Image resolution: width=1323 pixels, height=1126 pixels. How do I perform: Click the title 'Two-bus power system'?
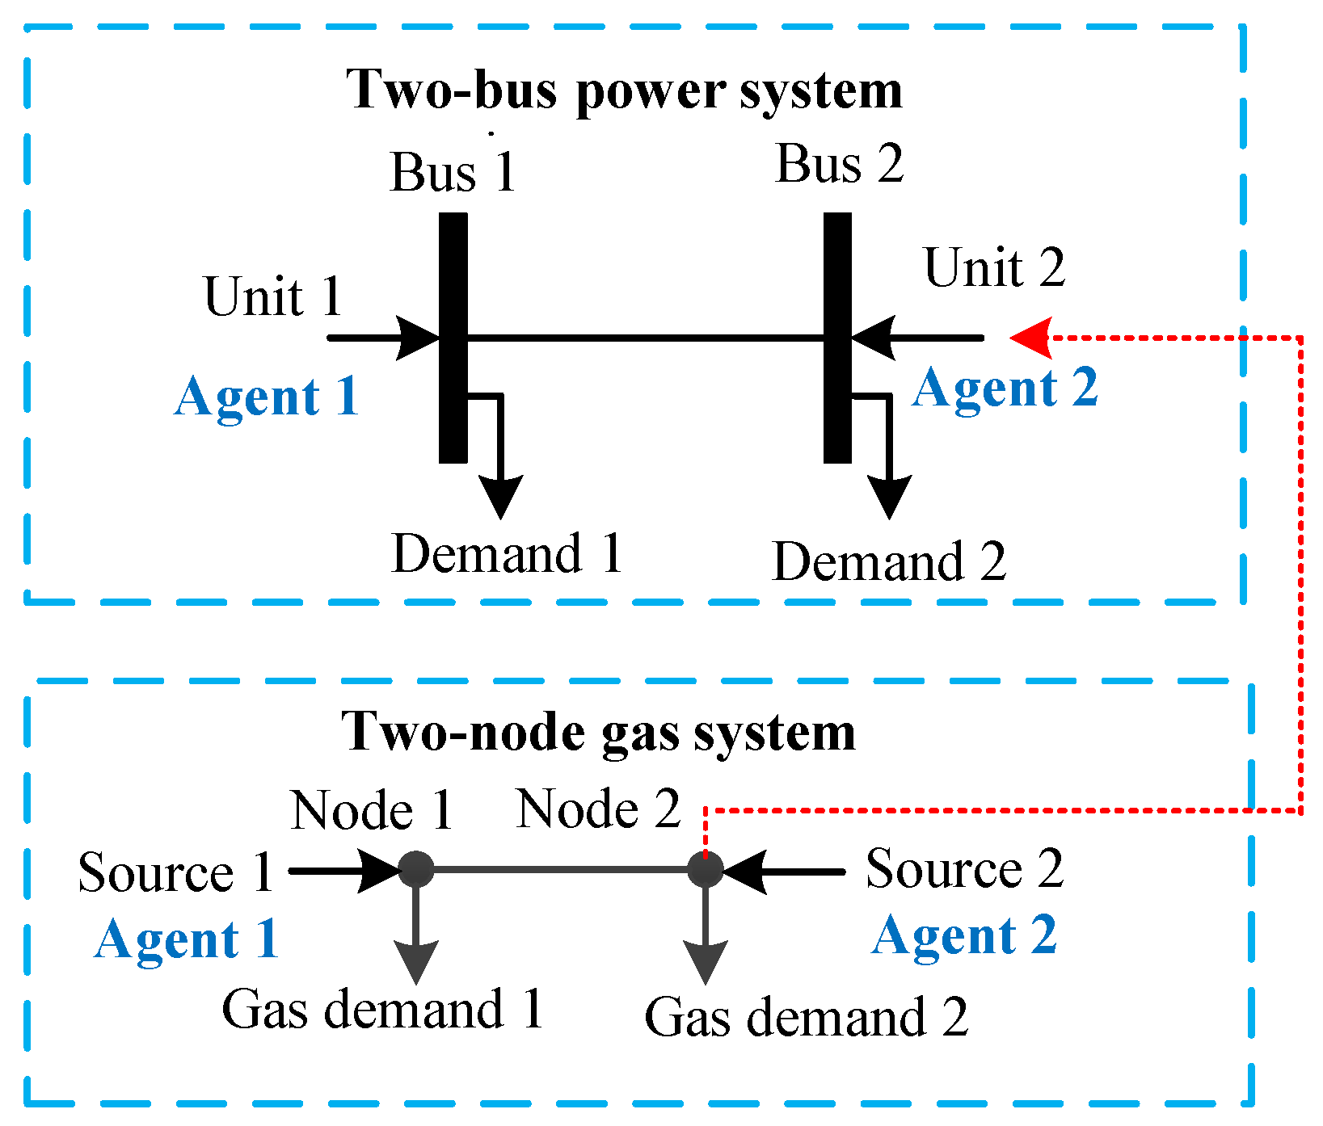coord(624,90)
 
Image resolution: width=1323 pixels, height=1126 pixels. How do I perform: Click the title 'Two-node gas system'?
coord(598,732)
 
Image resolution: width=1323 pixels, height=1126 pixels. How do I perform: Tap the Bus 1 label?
coord(453,172)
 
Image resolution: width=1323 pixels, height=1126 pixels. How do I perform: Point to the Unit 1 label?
coord(273,296)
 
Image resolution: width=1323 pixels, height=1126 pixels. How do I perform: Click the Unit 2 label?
coord(994,267)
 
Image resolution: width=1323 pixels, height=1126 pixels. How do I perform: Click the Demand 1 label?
coord(507,554)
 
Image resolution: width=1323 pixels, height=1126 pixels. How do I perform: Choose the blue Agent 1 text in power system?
coord(267,397)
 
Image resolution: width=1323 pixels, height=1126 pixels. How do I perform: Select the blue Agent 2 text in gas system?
coord(964,935)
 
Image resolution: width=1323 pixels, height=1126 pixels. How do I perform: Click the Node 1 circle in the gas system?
coord(416,870)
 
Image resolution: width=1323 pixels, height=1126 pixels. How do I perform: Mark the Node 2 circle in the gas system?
coord(705,870)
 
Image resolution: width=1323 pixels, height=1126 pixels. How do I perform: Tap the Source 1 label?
coord(175,873)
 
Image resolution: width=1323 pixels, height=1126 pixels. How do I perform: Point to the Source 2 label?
coord(964,869)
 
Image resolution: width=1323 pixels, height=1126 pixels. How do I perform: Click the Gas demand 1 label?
coord(382,1009)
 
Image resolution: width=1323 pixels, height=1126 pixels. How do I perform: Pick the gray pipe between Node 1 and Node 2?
coord(560,870)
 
